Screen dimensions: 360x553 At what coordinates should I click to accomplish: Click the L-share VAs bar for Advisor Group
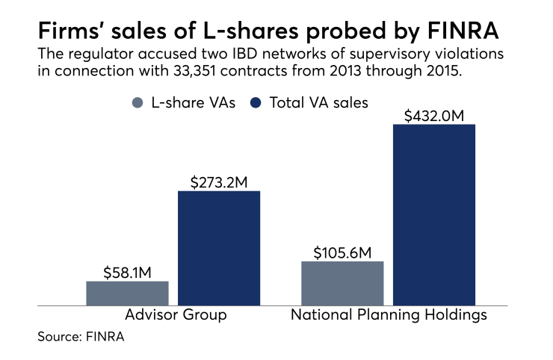(127, 293)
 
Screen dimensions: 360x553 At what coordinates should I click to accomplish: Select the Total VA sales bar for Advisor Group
(218, 248)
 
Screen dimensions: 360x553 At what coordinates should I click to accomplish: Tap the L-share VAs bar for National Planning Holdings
(342, 283)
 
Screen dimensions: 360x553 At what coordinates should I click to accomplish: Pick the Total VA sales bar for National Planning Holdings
(433, 214)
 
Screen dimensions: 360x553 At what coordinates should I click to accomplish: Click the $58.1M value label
(127, 271)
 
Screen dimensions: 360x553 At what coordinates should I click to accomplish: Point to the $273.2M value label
(218, 181)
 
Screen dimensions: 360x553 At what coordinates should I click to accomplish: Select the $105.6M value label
(342, 251)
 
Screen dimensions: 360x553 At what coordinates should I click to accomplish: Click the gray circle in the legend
(136, 103)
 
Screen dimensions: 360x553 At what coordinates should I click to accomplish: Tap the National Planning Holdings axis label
(389, 315)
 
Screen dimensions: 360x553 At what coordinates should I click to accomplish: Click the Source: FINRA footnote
(81, 337)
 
